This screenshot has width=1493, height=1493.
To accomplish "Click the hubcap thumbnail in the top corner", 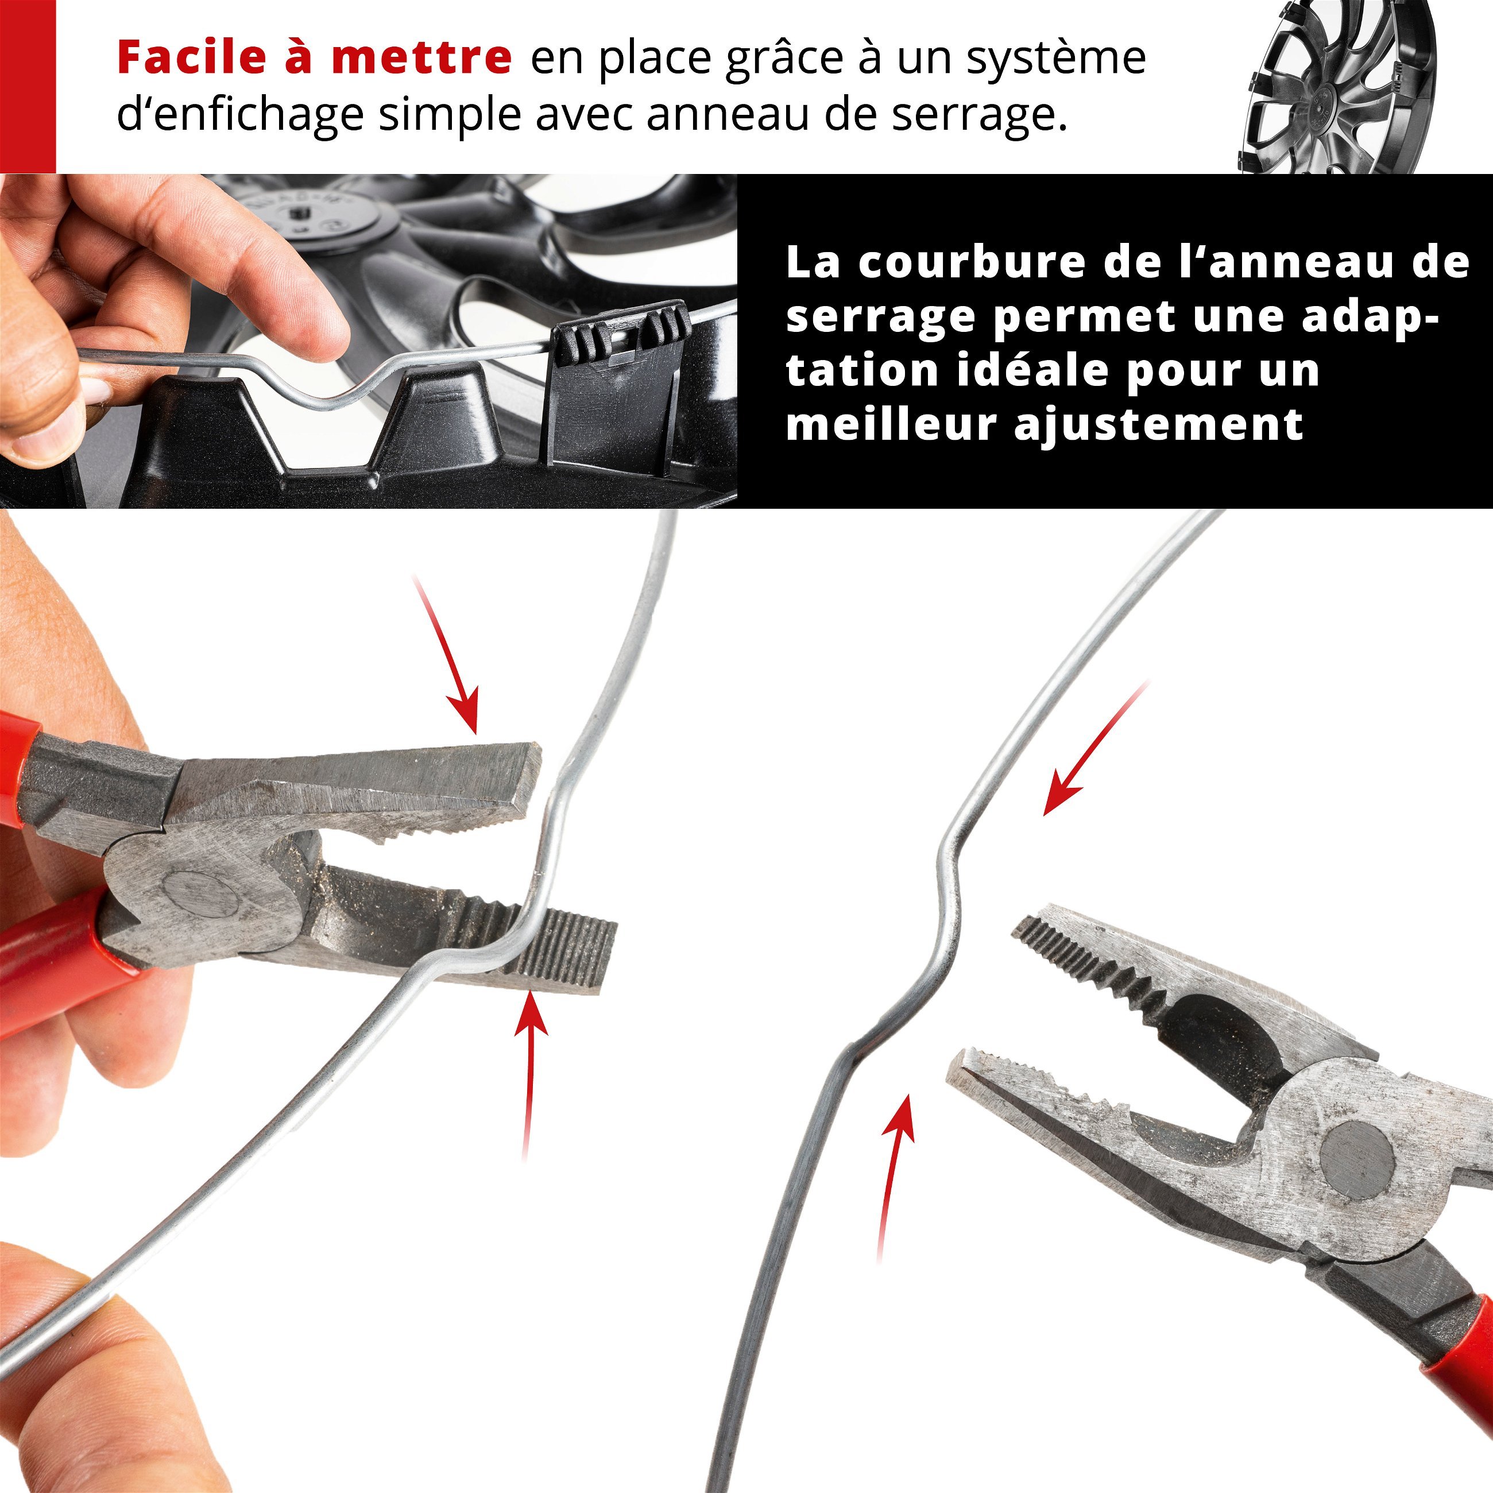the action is click(x=1341, y=87).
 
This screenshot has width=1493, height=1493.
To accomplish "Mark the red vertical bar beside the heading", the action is click(x=28, y=87).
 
